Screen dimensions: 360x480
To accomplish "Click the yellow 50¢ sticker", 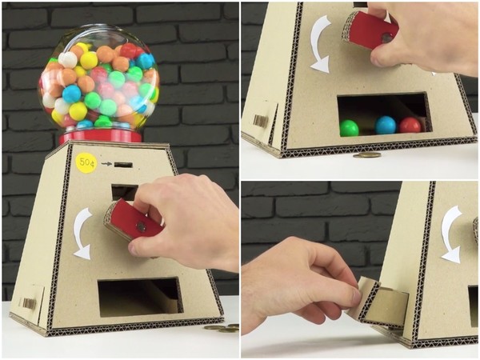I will [86, 163].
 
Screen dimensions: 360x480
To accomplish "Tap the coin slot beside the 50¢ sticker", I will [122, 164].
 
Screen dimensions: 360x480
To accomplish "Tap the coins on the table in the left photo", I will [221, 327].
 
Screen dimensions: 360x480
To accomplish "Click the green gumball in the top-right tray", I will [349, 127].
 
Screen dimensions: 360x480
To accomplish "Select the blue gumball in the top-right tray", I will [386, 125].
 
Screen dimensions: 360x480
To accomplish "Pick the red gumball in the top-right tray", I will [410, 126].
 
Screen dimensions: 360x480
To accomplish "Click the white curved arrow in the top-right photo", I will [321, 43].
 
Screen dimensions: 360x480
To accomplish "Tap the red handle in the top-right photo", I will [373, 31].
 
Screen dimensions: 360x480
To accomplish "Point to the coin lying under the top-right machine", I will [366, 154].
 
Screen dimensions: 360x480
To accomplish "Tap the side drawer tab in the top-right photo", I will [260, 120].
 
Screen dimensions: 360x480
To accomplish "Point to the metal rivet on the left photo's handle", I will [141, 227].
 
